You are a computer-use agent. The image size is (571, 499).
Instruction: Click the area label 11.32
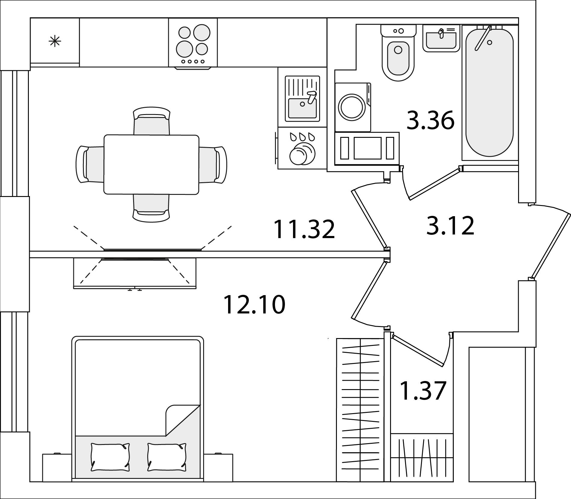coord(304,229)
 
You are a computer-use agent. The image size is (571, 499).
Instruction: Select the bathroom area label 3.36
coord(430,120)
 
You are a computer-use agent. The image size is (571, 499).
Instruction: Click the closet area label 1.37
coord(423,391)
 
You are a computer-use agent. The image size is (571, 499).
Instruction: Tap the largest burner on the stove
coord(201,32)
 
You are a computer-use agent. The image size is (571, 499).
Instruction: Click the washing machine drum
coord(352,107)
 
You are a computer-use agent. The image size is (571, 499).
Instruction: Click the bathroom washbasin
coord(441,38)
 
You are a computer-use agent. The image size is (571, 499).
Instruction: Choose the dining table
coord(151,165)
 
